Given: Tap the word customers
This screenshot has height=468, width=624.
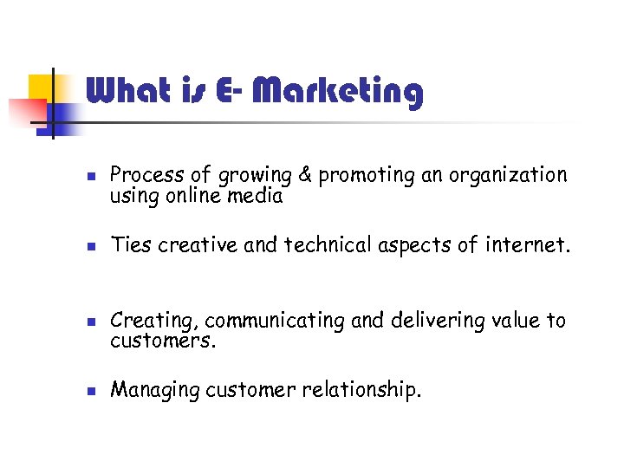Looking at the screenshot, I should click(x=162, y=341).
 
